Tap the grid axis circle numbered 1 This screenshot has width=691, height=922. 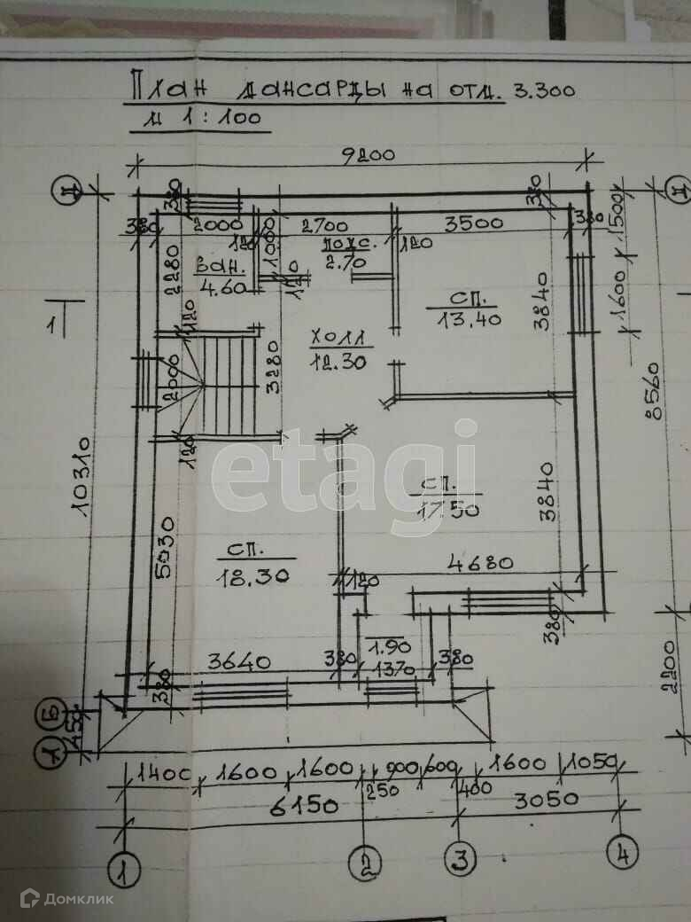click(x=124, y=869)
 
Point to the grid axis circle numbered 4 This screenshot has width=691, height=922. click(x=622, y=853)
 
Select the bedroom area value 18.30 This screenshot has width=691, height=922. click(x=253, y=574)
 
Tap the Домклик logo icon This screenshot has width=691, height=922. click(x=30, y=899)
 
